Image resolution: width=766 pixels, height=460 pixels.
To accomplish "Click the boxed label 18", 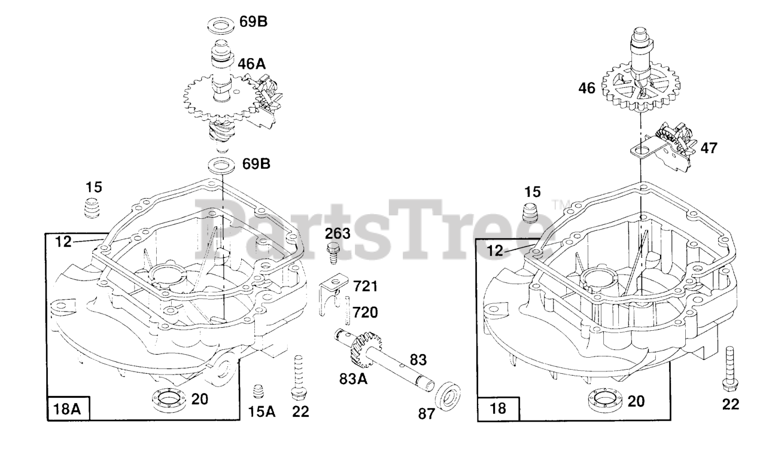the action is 498,409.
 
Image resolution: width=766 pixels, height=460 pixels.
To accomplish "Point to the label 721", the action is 365,287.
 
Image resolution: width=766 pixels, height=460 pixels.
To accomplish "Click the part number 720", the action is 364,312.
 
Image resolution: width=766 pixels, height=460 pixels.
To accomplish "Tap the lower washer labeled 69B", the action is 221,164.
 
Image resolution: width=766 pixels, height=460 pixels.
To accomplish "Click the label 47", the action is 710,148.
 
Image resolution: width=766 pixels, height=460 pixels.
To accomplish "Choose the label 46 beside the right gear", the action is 586,89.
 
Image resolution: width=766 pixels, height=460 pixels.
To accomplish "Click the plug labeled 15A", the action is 259,391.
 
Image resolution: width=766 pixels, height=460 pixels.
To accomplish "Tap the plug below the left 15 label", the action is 93,210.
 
